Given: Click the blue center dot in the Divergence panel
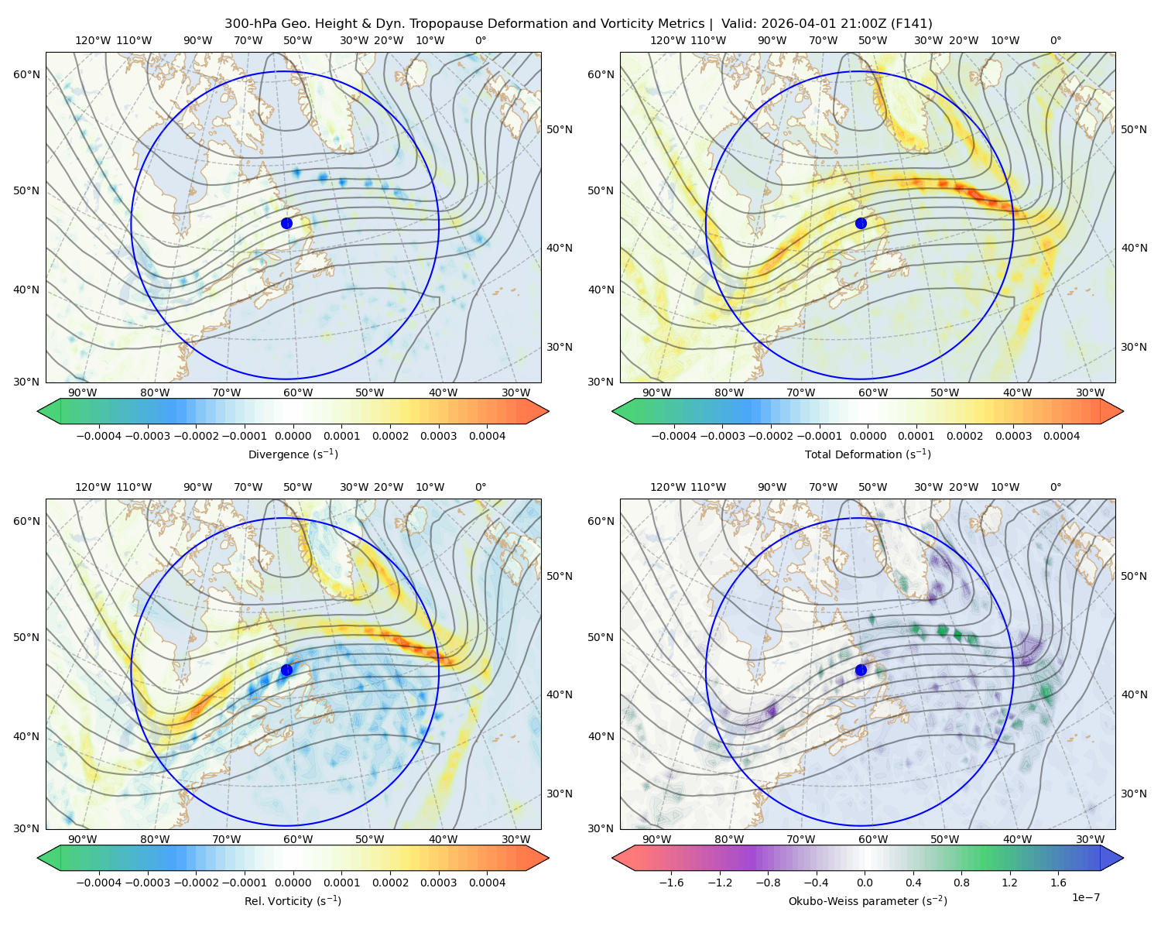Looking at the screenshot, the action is click(x=286, y=223).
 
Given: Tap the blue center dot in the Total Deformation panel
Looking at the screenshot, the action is click(x=861, y=223).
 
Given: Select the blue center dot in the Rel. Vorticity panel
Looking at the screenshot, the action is click(x=286, y=670).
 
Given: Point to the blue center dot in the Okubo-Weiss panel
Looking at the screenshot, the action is click(x=861, y=670).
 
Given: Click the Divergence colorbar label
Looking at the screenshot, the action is click(x=293, y=454).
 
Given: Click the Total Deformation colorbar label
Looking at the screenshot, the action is click(x=868, y=454).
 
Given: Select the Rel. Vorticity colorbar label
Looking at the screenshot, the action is click(x=293, y=900).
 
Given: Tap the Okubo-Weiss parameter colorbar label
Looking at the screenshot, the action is click(x=868, y=900).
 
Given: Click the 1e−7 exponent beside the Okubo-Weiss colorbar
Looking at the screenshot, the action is click(x=1085, y=897).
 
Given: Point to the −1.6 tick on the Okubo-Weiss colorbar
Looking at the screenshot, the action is click(x=671, y=883).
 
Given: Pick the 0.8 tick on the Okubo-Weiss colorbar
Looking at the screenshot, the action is click(x=961, y=883).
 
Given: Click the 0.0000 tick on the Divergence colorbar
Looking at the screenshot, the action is click(x=293, y=436).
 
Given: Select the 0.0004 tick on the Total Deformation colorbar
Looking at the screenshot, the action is click(x=1061, y=436).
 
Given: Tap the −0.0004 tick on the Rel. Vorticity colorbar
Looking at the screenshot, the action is click(x=99, y=883).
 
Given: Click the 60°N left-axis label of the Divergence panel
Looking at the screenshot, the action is click(x=26, y=74).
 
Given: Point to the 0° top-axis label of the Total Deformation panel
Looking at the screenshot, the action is click(x=1055, y=40).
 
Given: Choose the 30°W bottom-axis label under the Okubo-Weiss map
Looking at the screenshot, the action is click(x=1090, y=839).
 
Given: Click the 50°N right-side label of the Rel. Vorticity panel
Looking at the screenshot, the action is click(x=560, y=576).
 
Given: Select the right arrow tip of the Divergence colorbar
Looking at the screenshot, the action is click(x=549, y=411).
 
